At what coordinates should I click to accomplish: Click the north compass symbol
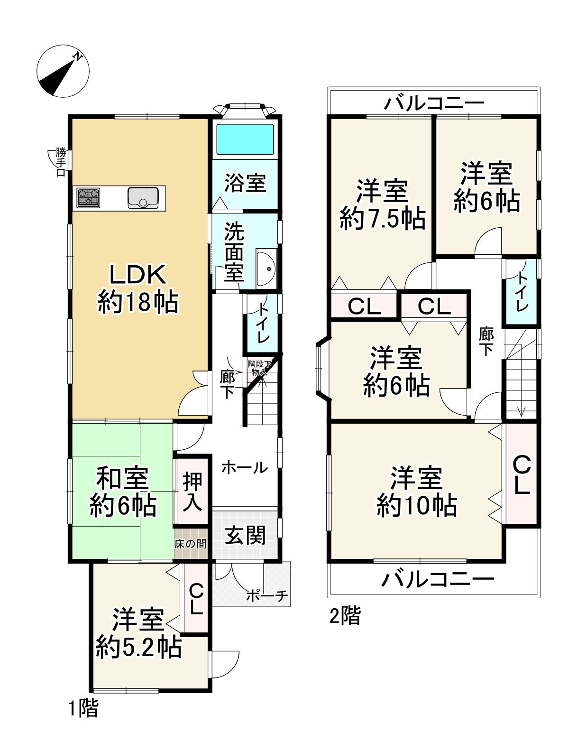63,71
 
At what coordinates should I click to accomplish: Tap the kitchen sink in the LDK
143,197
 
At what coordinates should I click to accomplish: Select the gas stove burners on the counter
89,197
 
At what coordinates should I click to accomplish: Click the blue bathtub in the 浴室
245,139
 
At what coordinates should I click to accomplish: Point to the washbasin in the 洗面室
266,269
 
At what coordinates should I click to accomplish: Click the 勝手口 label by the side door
61,162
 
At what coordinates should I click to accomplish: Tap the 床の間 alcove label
191,544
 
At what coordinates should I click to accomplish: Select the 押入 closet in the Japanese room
192,492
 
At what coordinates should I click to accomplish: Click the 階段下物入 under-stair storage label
259,368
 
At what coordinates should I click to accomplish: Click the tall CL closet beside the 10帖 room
522,473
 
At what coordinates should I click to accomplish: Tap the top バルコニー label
435,103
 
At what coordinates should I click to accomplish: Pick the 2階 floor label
345,616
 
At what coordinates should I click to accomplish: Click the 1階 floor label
84,709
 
